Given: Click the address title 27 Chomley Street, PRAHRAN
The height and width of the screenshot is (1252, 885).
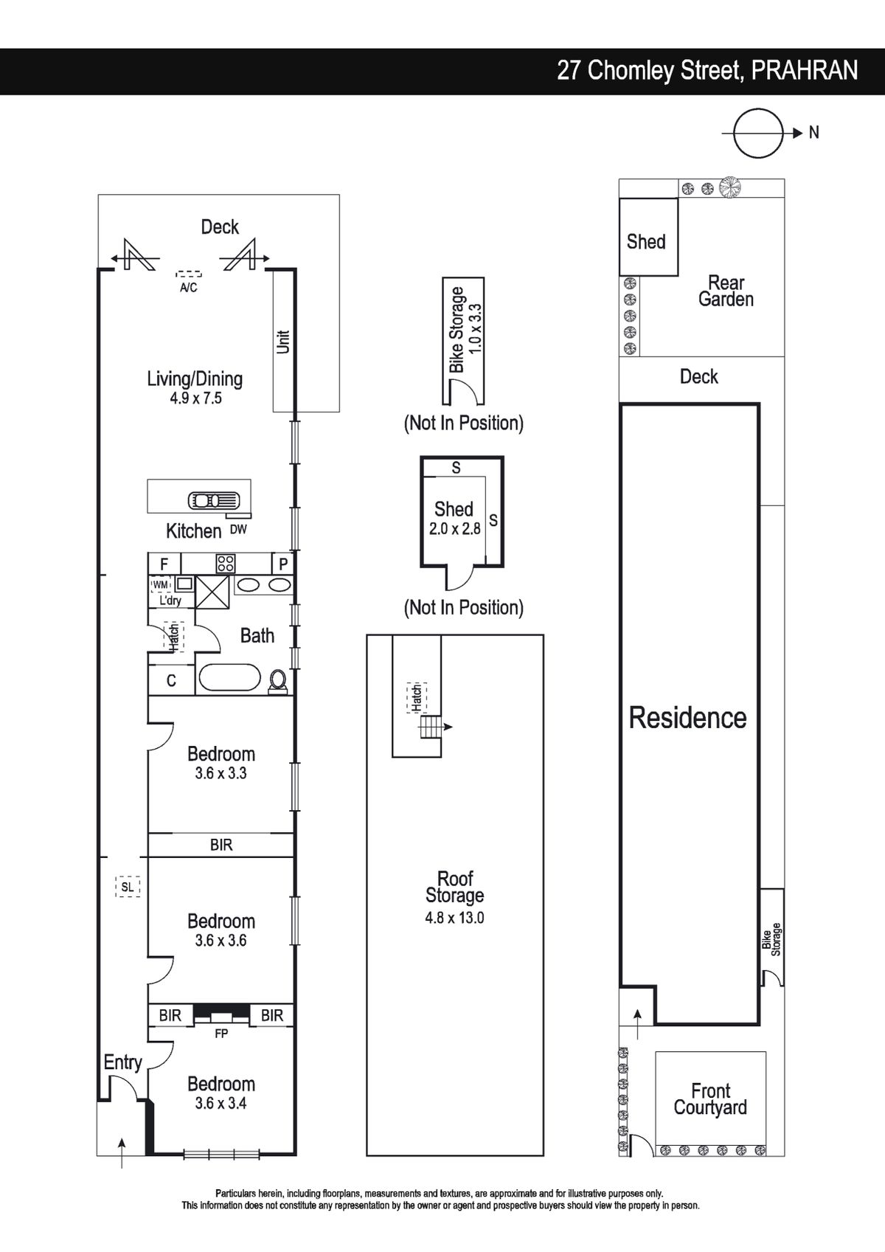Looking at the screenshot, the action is (x=707, y=72).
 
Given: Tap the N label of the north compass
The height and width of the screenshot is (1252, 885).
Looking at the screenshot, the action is (x=814, y=133).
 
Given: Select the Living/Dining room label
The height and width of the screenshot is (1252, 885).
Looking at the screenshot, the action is (x=195, y=379).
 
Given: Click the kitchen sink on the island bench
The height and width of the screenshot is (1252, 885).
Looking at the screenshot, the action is (x=214, y=500).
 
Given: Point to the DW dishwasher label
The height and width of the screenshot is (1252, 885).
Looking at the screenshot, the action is (x=238, y=529).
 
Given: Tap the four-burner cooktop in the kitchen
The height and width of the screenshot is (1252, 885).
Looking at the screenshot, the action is (x=226, y=564).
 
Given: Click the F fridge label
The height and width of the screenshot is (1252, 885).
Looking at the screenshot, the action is (x=164, y=564).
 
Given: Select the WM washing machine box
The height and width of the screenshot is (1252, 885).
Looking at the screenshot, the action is (x=160, y=584).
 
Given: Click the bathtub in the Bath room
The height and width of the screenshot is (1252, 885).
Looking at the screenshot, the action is (x=229, y=678).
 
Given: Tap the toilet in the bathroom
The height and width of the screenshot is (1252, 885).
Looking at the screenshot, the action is (x=278, y=682).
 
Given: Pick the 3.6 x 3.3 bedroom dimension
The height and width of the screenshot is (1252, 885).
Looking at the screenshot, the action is (x=221, y=773).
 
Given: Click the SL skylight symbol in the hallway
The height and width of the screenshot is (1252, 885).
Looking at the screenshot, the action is (x=128, y=887).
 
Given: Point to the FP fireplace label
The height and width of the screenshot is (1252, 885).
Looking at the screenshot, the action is (x=221, y=1034).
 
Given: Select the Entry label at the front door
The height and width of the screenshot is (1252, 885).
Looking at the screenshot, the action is (x=123, y=1062).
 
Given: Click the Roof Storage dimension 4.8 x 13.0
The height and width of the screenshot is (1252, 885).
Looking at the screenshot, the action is (x=454, y=917).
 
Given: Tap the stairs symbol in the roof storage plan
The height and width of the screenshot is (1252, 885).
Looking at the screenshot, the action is (x=431, y=727).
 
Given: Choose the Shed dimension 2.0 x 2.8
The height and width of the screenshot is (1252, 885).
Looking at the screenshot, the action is (x=454, y=528).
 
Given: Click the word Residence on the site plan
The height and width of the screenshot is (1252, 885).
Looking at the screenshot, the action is (x=688, y=718).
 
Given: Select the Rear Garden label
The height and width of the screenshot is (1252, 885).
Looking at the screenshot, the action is (x=726, y=291).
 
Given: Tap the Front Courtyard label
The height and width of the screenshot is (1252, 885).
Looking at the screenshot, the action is (x=710, y=1099).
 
